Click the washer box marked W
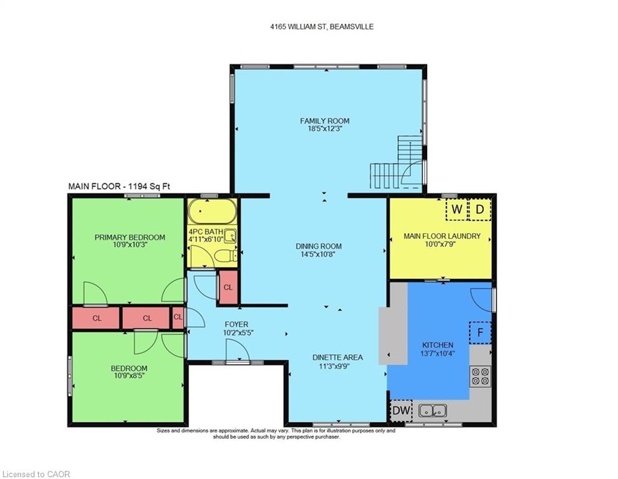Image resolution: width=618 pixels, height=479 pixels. (x=456, y=209)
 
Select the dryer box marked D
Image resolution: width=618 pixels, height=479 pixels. (x=480, y=209)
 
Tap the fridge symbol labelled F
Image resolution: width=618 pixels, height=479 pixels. (x=480, y=332)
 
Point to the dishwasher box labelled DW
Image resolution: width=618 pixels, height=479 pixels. (x=401, y=410)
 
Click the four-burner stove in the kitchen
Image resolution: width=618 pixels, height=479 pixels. (x=480, y=376)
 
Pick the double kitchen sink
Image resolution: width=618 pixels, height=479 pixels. (x=432, y=411)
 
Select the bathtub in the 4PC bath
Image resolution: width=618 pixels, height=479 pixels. (x=212, y=211)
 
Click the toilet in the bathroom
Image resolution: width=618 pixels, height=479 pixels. (x=226, y=256)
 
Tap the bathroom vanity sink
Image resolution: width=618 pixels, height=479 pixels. (x=230, y=236)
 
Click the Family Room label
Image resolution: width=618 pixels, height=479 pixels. (x=325, y=120)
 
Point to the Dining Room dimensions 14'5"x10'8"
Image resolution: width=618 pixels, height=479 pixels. (x=319, y=254)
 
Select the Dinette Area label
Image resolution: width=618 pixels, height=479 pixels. (x=337, y=357)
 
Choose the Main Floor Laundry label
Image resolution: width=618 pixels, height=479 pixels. (x=442, y=236)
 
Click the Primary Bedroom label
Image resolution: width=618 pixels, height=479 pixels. (x=130, y=237)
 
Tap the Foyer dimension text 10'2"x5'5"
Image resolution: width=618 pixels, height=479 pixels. (x=238, y=332)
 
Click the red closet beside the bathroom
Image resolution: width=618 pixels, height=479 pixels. (x=228, y=288)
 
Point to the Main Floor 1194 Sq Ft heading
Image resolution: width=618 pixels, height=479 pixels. (x=119, y=186)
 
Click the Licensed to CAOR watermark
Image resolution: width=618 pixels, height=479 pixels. (x=36, y=474)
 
